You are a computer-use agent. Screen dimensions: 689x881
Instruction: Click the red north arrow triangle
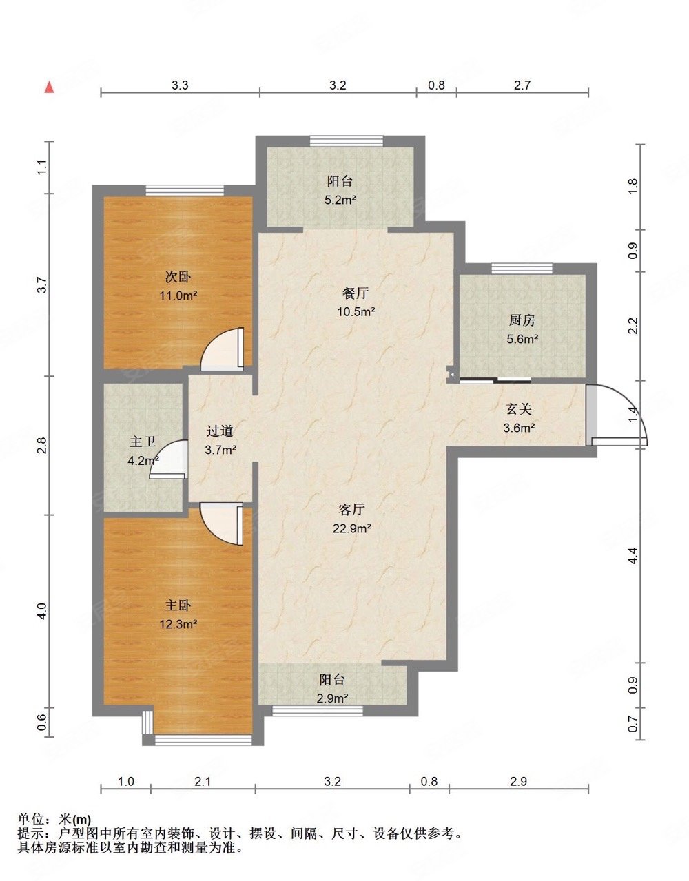(50, 87)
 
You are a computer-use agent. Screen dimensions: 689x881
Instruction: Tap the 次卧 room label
(178, 277)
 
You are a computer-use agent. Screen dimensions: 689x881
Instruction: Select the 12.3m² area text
(178, 624)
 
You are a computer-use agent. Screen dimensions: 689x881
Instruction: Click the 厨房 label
(522, 320)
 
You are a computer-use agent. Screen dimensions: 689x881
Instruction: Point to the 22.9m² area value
(352, 528)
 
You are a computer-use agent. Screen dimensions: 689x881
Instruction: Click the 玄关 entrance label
(519, 409)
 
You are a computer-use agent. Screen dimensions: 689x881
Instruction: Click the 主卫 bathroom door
(168, 459)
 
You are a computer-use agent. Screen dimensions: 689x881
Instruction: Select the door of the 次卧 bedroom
(223, 349)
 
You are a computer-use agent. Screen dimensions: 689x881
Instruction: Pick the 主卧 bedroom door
(222, 524)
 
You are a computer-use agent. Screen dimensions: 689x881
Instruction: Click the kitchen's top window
(522, 269)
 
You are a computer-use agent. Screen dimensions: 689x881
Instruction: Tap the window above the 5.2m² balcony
(347, 141)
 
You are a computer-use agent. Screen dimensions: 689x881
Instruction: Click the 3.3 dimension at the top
(180, 85)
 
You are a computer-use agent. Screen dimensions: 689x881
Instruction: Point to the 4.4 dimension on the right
(633, 554)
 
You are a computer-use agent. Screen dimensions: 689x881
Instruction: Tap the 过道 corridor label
(220, 431)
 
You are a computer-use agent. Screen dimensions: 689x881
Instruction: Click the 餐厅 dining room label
(356, 293)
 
